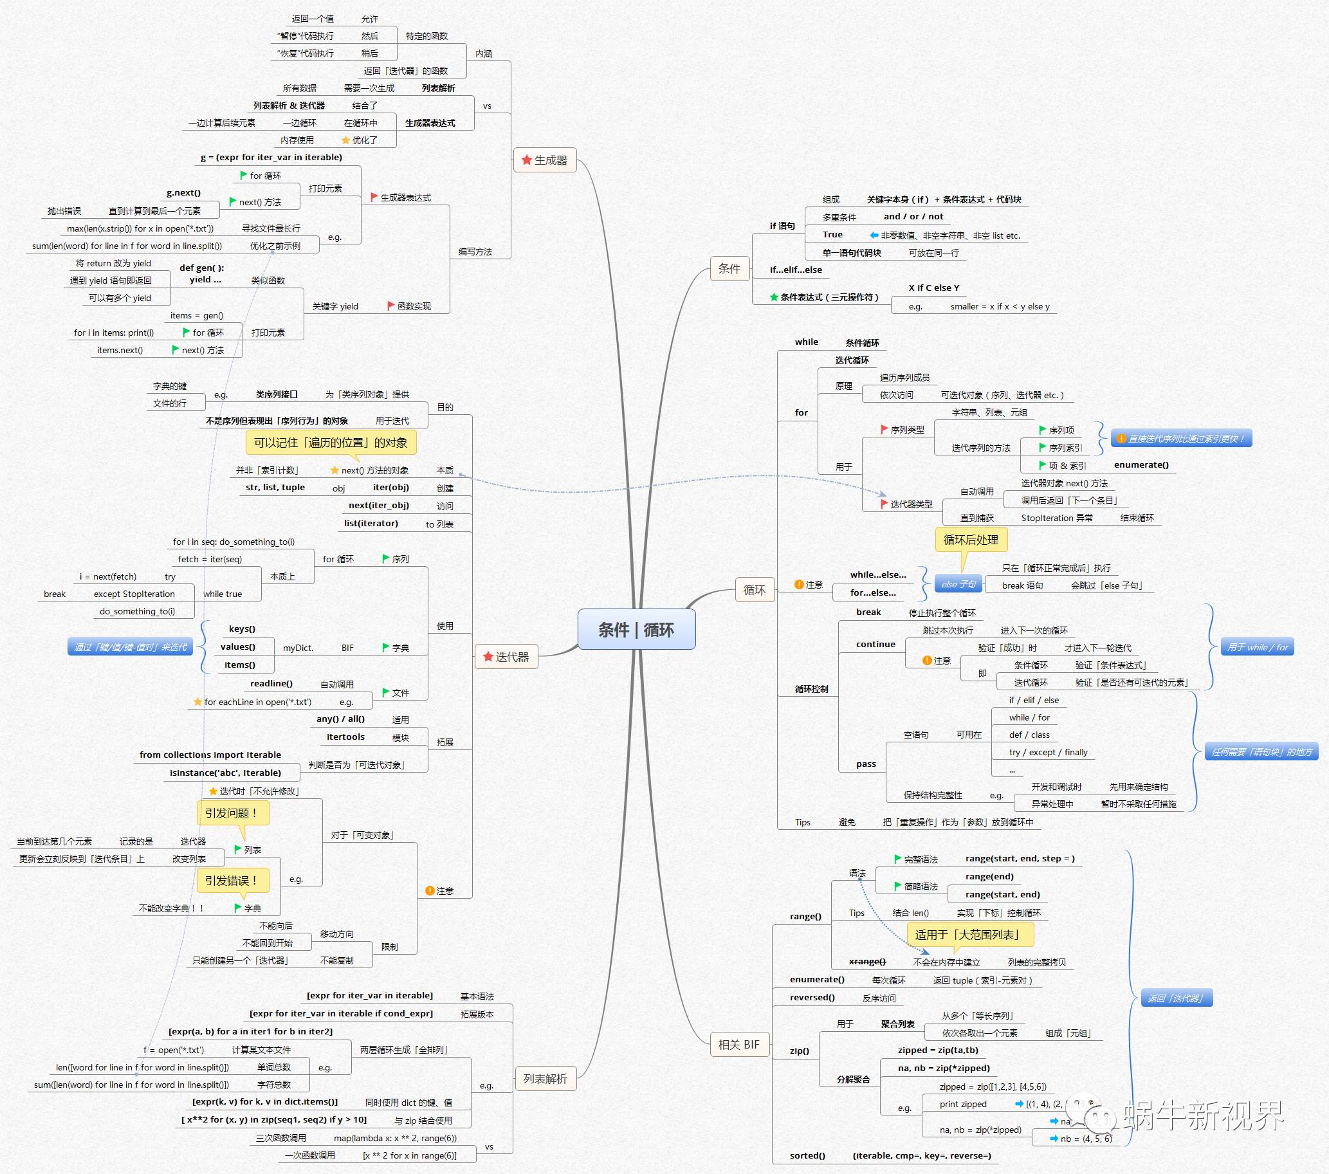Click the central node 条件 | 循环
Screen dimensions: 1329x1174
point(636,629)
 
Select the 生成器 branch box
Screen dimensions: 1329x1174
point(545,160)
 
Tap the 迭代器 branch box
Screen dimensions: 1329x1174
point(506,657)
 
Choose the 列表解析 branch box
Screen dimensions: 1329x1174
point(545,1078)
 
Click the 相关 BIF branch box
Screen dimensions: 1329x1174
point(738,1044)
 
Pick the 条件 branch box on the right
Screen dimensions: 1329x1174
point(729,268)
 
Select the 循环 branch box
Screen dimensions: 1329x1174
point(754,590)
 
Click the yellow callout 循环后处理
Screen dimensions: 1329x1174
point(971,540)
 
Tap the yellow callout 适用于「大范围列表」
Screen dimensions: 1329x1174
point(969,935)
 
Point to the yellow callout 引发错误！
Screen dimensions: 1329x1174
point(232,881)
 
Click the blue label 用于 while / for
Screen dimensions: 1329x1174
point(1258,647)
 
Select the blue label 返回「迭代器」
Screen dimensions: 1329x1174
point(1176,998)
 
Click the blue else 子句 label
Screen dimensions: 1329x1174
point(958,583)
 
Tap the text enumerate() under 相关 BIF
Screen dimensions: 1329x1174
point(817,980)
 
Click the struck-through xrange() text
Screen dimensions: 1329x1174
point(867,962)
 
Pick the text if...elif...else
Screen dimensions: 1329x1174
point(796,270)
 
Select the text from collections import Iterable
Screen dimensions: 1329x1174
point(210,755)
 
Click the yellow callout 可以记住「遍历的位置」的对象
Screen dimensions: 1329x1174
point(330,443)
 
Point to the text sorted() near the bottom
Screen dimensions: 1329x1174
point(807,1155)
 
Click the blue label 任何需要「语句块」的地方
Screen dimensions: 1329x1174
point(1261,752)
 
